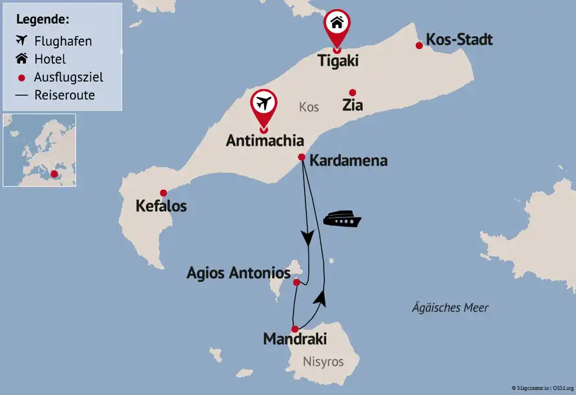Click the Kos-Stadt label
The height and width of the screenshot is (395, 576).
click(x=460, y=40)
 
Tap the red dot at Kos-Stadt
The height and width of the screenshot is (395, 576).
click(x=419, y=45)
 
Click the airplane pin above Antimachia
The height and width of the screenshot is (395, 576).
click(x=263, y=103)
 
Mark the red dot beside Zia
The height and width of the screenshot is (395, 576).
click(x=352, y=92)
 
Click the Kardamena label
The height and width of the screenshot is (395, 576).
click(x=349, y=161)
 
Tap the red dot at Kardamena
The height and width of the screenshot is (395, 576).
click(x=301, y=157)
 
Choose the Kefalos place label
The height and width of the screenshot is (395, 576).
click(x=161, y=207)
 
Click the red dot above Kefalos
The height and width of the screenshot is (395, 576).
click(x=163, y=192)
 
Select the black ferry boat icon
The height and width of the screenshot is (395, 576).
click(x=342, y=219)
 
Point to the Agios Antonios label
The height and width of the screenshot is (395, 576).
click(x=238, y=273)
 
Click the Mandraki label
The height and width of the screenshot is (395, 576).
click(x=295, y=339)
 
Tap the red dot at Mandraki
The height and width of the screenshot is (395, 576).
click(x=295, y=329)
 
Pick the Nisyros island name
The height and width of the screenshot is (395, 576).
click(x=323, y=361)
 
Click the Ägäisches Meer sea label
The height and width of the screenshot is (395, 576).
click(x=450, y=308)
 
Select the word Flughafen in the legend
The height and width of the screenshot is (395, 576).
click(x=63, y=41)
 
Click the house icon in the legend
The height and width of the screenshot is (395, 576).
click(x=21, y=59)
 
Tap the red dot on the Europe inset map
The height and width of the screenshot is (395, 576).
click(x=54, y=174)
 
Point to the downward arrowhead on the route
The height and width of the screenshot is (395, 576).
click(x=308, y=238)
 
